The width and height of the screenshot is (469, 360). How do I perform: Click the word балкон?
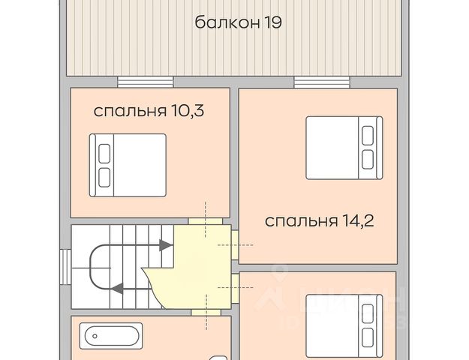227,22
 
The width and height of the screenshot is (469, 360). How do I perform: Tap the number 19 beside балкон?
272,22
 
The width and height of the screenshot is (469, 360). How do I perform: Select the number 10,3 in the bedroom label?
188,111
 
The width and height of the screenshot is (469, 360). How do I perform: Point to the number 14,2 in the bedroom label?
356,221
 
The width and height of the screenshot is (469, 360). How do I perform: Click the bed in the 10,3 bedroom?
128,165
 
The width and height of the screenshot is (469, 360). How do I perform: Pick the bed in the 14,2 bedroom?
344,148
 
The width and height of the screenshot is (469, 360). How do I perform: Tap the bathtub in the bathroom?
111,336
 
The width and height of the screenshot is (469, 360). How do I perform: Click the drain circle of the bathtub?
95,336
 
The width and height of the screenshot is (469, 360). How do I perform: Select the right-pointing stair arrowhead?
166,245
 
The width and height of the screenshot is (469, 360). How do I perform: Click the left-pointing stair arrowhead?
117,289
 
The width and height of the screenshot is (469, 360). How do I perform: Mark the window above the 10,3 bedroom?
146,82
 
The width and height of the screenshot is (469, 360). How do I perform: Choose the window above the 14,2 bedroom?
322,82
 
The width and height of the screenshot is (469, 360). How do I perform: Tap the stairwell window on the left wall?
65,267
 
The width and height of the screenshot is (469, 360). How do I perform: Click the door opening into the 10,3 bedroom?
205,221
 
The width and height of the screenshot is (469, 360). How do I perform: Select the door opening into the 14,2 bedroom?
235,245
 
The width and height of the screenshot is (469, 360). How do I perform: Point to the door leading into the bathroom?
206,313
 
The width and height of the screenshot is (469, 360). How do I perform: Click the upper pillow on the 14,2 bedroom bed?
368,136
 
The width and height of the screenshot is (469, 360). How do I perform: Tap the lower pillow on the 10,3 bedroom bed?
104,178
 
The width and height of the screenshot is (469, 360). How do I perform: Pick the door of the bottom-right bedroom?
235,288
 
